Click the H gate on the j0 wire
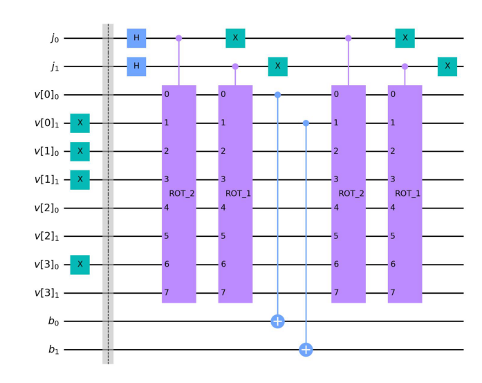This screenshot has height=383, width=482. [x=136, y=38]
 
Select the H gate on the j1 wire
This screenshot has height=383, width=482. [x=136, y=66]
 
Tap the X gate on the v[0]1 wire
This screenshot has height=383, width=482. [x=80, y=123]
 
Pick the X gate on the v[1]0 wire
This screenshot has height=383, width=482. [x=80, y=152]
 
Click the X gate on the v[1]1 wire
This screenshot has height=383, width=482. [x=80, y=180]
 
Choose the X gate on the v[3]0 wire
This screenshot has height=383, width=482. [x=80, y=265]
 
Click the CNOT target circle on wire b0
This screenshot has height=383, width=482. [x=277, y=321]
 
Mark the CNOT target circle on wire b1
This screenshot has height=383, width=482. [x=306, y=350]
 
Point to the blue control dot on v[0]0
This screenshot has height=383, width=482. [x=277, y=95]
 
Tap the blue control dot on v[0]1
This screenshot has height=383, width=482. [x=306, y=123]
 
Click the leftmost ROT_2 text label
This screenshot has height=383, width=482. [x=182, y=194]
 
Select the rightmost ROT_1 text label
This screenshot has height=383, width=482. [x=407, y=194]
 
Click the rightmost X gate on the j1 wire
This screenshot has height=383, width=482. [x=447, y=66]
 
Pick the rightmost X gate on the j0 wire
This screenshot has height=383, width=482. [x=405, y=38]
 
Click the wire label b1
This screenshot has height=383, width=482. [x=53, y=350]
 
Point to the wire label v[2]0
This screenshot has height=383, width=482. [x=46, y=208]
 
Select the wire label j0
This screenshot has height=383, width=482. [x=55, y=39]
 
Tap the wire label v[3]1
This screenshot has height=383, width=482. [x=46, y=294]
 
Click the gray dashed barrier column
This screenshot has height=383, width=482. [x=108, y=194]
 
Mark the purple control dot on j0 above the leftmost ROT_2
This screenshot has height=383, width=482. [x=178, y=38]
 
